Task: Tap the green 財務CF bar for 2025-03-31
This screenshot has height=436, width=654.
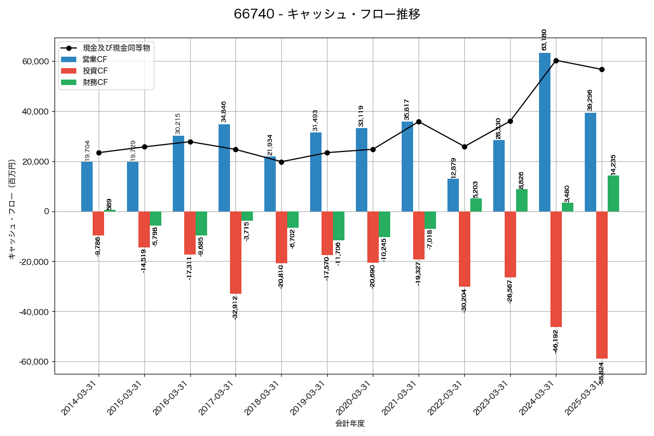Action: tap(613, 193)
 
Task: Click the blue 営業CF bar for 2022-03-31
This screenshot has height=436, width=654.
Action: tap(453, 195)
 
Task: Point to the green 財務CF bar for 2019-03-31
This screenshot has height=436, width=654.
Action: tap(338, 226)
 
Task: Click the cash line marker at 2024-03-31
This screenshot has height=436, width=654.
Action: tap(556, 60)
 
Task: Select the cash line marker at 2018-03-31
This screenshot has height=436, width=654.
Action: tap(281, 162)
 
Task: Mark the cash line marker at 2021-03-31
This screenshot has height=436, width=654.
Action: tap(419, 122)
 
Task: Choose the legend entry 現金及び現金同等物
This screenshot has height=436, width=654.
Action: tap(116, 48)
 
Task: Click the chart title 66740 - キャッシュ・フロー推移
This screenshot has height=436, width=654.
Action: tap(327, 14)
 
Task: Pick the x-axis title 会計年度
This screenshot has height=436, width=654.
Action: tap(350, 423)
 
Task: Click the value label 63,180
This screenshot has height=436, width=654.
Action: tap(543, 40)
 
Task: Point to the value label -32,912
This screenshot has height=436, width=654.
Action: tap(235, 307)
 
